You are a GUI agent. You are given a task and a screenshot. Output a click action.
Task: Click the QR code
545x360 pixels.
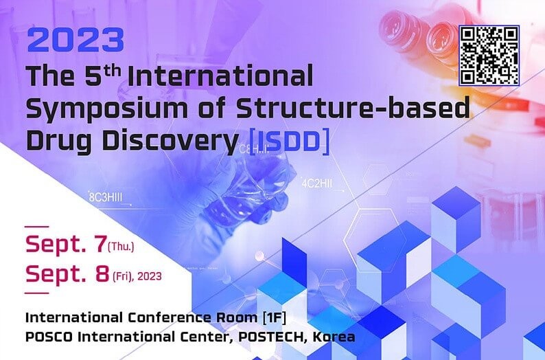click(489, 56)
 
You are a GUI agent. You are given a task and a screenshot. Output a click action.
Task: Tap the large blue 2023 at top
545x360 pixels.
click(76, 40)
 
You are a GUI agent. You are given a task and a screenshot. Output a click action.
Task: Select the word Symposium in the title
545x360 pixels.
click(106, 109)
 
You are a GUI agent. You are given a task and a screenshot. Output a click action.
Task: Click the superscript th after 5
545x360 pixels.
click(113, 71)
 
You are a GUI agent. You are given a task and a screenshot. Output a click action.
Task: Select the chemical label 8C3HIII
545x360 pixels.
click(106, 197)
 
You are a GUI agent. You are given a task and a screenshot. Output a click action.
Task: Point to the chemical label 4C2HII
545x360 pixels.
click(316, 183)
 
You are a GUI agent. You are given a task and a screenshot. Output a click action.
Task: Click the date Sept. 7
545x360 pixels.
click(66, 244)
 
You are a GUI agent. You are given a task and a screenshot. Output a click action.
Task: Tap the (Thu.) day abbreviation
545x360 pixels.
click(121, 247)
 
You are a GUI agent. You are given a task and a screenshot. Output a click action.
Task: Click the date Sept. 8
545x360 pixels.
click(67, 273)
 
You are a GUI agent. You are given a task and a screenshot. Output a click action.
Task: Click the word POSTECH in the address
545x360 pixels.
click(268, 337)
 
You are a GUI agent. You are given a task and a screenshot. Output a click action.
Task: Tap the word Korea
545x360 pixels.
click(334, 337)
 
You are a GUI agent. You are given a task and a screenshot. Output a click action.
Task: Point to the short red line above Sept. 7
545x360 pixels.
click(37, 227)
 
